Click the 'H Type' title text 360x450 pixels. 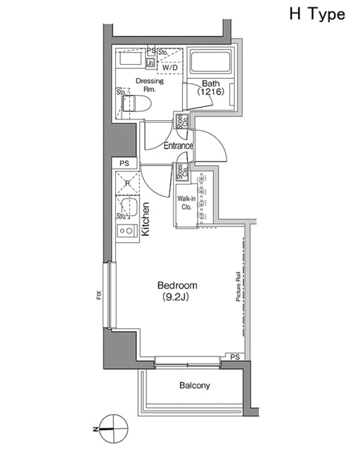click(316, 15)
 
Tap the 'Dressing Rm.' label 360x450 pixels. click(149, 85)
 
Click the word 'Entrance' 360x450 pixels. click(179, 146)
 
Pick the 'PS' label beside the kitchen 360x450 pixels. click(124, 164)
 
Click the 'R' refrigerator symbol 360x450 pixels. click(127, 184)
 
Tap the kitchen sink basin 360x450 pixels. click(128, 207)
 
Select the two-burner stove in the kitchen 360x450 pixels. click(126, 230)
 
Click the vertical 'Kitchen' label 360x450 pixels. click(146, 218)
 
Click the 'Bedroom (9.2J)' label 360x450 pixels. click(176, 291)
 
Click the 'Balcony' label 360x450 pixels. click(194, 385)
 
